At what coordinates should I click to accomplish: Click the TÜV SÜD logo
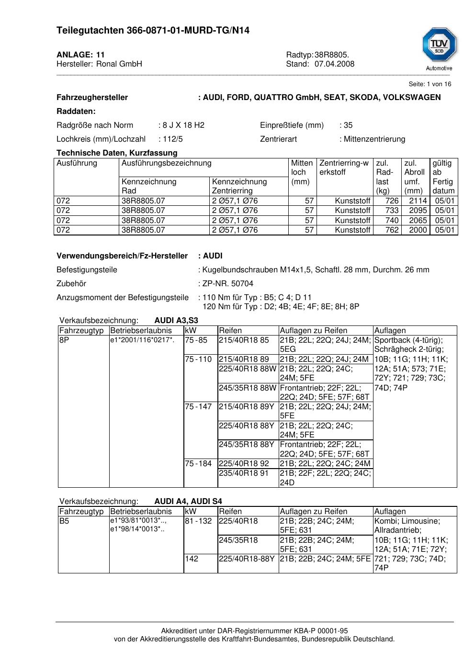pos(439,47)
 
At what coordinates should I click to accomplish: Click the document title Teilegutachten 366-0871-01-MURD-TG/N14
pos(153,31)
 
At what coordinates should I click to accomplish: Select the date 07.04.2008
pos(334,64)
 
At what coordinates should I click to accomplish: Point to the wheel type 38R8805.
pos(332,55)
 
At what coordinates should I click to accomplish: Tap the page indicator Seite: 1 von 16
pos(430,84)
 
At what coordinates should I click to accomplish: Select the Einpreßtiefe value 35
pos(348,125)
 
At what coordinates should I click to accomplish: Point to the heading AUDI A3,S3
pos(176,321)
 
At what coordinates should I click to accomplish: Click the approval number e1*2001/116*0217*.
pos(142,340)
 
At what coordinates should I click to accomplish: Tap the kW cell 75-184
pos(198,464)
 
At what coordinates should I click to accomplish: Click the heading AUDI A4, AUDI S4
pos(188,502)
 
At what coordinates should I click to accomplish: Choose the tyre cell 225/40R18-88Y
pos(247,559)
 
